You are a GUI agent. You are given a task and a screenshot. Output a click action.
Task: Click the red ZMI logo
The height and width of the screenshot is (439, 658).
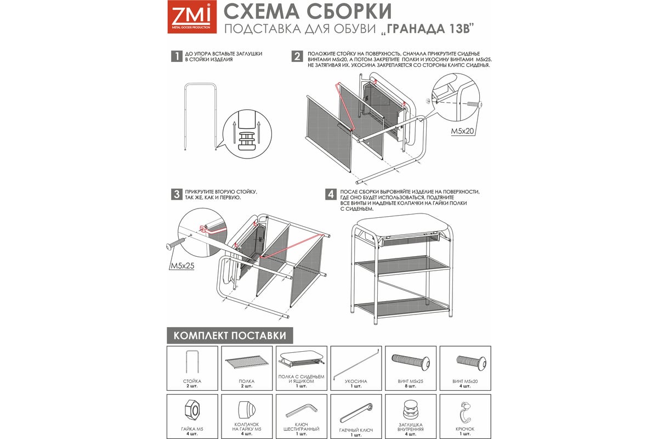pyautogui.click(x=192, y=16)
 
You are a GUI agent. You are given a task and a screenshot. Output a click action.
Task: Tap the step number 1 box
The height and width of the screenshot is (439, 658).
pyautogui.click(x=177, y=56)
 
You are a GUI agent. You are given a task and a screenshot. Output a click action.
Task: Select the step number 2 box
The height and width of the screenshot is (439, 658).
pyautogui.click(x=297, y=56)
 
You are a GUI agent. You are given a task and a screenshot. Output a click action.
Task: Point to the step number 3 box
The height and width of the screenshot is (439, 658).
pyautogui.click(x=177, y=194)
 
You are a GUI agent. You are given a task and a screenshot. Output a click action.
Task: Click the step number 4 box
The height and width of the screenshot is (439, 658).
pyautogui.click(x=331, y=194)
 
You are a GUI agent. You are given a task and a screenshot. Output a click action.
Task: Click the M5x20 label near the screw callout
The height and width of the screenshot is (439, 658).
pyautogui.click(x=463, y=131)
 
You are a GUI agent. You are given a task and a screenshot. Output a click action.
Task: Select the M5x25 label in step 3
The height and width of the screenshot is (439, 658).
pyautogui.click(x=183, y=266)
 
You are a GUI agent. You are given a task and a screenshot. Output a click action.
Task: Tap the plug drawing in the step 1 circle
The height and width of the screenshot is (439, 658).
pyautogui.click(x=246, y=141)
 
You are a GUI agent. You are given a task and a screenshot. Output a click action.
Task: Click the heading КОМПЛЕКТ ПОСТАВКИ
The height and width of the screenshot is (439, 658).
pyautogui.click(x=230, y=335)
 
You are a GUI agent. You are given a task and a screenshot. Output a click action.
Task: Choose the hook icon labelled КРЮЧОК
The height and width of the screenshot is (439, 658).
pyautogui.click(x=465, y=412)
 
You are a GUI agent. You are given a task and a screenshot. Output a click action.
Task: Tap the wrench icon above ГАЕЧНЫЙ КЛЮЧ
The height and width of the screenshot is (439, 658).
pyautogui.click(x=356, y=413)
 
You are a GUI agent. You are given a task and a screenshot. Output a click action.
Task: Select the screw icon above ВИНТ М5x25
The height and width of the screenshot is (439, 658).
pyautogui.click(x=411, y=362)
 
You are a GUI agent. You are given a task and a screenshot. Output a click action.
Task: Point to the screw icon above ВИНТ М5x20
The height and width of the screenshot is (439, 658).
pyautogui.click(x=471, y=362)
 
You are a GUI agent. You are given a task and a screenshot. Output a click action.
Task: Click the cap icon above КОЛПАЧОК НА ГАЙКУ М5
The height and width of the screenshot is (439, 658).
pyautogui.click(x=246, y=409)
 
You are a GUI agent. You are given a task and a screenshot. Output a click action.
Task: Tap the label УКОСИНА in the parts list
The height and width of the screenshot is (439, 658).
pyautogui.click(x=356, y=381)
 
